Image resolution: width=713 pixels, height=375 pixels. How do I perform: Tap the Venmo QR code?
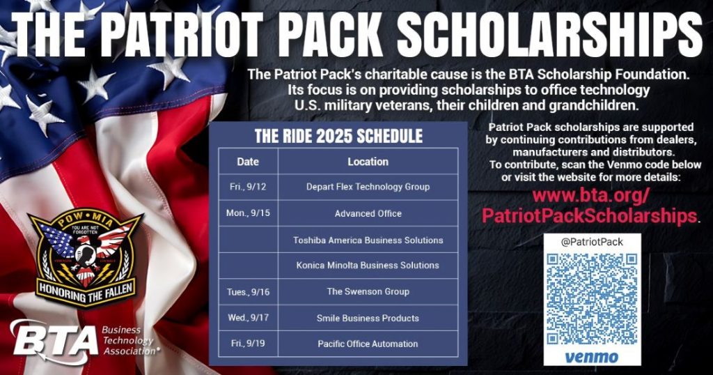coord(592,298)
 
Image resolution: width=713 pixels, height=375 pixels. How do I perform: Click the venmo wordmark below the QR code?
coord(592,356)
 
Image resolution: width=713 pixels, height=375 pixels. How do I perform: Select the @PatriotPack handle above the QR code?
coord(592,242)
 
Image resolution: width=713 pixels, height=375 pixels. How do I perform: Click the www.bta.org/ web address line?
coord(589,196)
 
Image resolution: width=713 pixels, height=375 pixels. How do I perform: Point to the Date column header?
coord(248,162)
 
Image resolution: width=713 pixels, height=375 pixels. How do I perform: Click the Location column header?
coord(368,162)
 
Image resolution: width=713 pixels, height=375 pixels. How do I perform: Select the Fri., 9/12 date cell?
coord(248,187)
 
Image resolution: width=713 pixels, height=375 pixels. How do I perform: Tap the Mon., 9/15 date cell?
coord(248,213)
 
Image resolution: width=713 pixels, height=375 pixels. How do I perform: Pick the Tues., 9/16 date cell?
coord(248,292)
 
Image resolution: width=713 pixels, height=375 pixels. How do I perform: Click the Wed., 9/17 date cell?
coord(248,318)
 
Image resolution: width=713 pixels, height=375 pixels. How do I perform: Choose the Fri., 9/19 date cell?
coord(248,344)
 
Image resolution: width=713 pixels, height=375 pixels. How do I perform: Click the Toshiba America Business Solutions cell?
coord(368,240)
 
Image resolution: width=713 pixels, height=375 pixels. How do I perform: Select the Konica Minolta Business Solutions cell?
coord(368,266)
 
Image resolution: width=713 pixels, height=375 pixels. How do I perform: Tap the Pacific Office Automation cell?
coord(368,344)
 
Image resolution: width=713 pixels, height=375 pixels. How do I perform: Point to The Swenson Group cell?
coord(368,291)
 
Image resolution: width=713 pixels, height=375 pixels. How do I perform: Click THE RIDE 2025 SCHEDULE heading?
coord(338,136)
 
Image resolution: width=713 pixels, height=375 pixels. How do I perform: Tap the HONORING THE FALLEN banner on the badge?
coord(86,291)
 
